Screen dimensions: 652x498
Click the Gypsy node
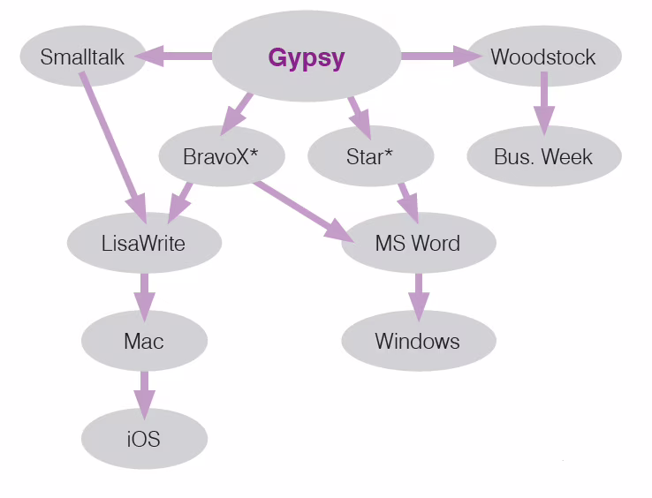tap(307, 57)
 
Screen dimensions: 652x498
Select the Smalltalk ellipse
tap(83, 57)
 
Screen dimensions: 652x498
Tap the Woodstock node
tap(544, 57)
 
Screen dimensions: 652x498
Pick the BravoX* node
tap(222, 156)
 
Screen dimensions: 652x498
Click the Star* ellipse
tap(370, 156)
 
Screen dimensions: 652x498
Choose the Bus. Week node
tap(544, 156)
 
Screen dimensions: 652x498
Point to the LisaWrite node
tap(144, 243)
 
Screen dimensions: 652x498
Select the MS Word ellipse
tap(419, 243)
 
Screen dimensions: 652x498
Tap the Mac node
tap(144, 341)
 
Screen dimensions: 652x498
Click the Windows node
tap(419, 341)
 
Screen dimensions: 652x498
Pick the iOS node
tap(144, 439)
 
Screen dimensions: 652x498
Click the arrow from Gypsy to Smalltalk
tap(174, 57)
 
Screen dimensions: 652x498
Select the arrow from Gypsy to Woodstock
tap(441, 57)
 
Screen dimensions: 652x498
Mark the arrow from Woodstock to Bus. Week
tap(544, 104)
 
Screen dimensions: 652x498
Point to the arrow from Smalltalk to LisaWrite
tap(113, 148)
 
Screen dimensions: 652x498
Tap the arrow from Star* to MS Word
tap(409, 203)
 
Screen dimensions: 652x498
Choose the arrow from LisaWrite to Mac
tap(144, 298)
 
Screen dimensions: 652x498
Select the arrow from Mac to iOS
tap(144, 396)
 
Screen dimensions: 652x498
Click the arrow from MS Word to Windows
tap(419, 298)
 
